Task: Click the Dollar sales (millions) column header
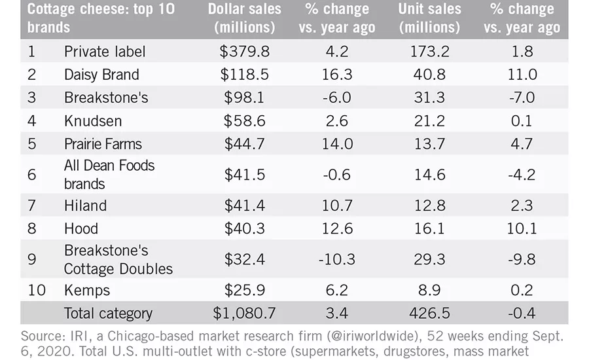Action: [x=245, y=18]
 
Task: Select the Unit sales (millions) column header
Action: [x=429, y=18]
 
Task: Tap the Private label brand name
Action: [x=105, y=52]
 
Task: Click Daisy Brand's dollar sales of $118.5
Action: [x=245, y=75]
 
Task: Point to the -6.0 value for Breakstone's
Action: [x=337, y=98]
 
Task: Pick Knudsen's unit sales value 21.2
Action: [x=429, y=121]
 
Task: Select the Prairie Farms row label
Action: [x=103, y=144]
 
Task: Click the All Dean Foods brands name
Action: [x=109, y=174]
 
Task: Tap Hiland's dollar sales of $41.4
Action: [x=245, y=206]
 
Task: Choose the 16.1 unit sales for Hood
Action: [x=429, y=228]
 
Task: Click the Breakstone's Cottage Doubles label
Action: [x=118, y=259]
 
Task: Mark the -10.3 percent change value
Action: [x=337, y=259]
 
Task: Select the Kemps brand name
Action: [x=87, y=290]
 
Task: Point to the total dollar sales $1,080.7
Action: [x=244, y=313]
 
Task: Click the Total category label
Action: [x=108, y=314]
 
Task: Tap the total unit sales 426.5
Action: [x=429, y=313]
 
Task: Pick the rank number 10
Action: [x=37, y=290]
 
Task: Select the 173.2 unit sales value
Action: [x=429, y=52]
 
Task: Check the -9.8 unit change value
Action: [x=522, y=259]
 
